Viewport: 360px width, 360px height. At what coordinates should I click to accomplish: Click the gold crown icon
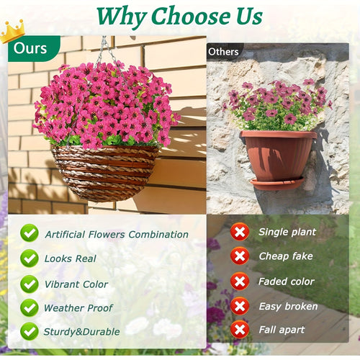(x=12, y=31)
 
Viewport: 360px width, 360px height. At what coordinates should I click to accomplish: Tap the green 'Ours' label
(x=30, y=49)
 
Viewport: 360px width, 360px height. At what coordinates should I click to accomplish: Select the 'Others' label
(x=223, y=52)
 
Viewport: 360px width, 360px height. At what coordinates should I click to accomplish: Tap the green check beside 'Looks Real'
(x=30, y=258)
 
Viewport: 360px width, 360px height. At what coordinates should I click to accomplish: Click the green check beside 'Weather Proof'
(x=30, y=307)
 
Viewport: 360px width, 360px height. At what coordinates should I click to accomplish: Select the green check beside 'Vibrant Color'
(x=30, y=283)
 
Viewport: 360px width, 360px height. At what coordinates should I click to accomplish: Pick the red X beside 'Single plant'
(x=240, y=232)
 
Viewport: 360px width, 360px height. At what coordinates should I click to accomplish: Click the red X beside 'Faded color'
(x=240, y=282)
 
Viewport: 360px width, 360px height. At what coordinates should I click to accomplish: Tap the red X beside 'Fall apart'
(x=240, y=330)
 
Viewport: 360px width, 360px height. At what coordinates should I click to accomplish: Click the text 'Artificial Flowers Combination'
(x=117, y=234)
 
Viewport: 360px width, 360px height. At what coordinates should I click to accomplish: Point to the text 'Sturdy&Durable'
(x=81, y=333)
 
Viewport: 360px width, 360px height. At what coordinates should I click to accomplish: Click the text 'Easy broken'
(x=289, y=306)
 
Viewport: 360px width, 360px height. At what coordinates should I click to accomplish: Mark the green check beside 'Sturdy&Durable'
(x=30, y=332)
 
